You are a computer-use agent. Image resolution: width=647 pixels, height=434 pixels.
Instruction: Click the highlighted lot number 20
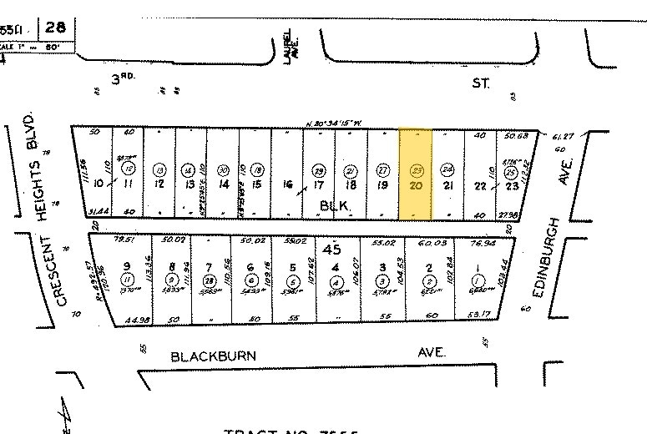coord(415,184)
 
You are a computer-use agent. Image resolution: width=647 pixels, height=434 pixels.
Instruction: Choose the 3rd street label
coord(124,80)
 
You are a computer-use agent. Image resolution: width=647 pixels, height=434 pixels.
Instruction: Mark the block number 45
coord(334,248)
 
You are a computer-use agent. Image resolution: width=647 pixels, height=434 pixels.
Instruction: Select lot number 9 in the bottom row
coord(128,267)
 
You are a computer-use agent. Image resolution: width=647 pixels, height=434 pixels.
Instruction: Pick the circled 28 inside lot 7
coord(210,280)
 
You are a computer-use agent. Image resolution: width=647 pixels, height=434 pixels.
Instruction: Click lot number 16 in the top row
coord(288,184)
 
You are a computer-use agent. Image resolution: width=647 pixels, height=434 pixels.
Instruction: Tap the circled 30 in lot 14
coord(223,168)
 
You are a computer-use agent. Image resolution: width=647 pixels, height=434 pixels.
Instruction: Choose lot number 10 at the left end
coord(98,183)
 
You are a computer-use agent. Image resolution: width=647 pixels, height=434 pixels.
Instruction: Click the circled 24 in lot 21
coord(447,168)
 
